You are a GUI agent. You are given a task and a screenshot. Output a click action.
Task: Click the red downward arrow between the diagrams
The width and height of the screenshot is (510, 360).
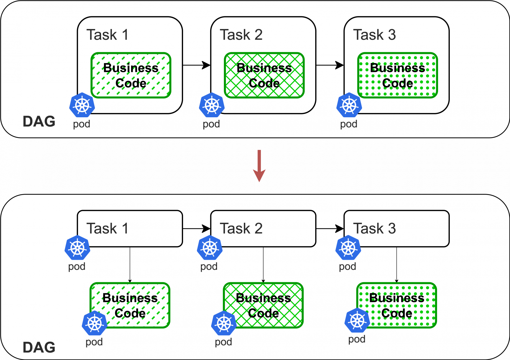259,166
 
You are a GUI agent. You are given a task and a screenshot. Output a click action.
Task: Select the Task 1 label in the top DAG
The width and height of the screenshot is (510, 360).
107,35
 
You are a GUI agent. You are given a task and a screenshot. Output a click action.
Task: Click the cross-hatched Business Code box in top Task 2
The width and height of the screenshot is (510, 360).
264,75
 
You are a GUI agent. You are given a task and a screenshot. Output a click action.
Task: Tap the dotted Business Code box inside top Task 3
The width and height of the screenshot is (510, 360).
398,75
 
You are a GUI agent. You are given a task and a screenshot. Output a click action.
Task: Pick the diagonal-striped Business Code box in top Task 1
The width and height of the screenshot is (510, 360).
131,75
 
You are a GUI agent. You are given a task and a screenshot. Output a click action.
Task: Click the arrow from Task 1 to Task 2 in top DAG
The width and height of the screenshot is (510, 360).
196,65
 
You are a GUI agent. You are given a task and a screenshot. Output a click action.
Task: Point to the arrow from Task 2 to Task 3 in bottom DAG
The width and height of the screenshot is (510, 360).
330,228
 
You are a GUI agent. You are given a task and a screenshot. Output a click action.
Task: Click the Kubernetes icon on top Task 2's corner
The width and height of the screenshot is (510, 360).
212,105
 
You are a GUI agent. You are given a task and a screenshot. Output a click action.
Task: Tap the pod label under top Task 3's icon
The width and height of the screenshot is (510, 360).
348,124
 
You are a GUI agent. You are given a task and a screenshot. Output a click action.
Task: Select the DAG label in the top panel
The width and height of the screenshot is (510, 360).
39,122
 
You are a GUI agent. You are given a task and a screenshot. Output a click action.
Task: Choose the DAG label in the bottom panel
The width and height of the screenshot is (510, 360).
39,348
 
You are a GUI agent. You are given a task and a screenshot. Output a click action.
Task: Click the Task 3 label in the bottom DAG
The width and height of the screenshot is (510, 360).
374,228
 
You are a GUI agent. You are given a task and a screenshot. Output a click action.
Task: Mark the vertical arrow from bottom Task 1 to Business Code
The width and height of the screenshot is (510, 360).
130,265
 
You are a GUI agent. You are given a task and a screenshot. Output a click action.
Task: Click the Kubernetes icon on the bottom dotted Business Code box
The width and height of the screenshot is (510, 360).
357,320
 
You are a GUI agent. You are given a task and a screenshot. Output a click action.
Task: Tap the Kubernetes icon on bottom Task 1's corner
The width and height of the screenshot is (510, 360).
77,248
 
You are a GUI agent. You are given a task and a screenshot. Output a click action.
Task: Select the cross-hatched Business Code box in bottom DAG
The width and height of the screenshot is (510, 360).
263,305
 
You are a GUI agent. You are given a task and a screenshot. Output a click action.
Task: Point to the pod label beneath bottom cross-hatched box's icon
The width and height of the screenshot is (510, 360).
223,342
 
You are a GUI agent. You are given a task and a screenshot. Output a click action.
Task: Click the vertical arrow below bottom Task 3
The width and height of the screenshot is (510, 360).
397,265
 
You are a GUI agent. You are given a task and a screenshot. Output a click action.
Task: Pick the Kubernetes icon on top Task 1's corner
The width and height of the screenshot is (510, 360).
82,105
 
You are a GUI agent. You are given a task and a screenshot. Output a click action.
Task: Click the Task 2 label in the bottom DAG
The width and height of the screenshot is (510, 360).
241,228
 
